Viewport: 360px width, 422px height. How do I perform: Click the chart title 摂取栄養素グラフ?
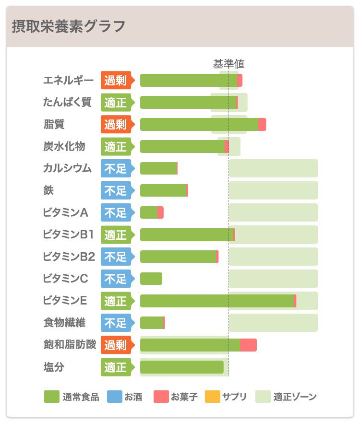coord(69,26)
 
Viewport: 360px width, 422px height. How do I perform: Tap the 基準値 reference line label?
coord(228,64)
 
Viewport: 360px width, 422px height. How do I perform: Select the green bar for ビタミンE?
coord(216,301)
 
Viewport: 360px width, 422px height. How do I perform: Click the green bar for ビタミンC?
coord(151,279)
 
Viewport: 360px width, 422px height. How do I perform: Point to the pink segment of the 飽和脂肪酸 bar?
coord(248,345)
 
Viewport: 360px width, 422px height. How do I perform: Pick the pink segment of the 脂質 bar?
coord(262,125)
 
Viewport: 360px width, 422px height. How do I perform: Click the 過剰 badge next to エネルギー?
coord(116,81)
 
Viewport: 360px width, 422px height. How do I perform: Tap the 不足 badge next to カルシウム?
coord(116,169)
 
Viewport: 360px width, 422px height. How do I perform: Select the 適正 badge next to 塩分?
coord(116,367)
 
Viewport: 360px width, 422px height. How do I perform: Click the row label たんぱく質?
coord(67,102)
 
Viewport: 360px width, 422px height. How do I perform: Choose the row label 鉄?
coord(48,190)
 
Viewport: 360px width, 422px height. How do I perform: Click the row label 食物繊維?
coord(64,323)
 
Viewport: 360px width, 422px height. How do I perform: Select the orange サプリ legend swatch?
coord(212,397)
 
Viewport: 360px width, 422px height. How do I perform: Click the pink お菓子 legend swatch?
coord(161,397)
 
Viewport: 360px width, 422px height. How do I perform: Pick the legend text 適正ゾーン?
coord(295,397)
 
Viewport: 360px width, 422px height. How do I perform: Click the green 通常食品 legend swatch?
coord(51,397)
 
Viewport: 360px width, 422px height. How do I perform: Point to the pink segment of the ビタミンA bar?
coord(160,212)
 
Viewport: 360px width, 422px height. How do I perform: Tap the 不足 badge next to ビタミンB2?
coord(116,257)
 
